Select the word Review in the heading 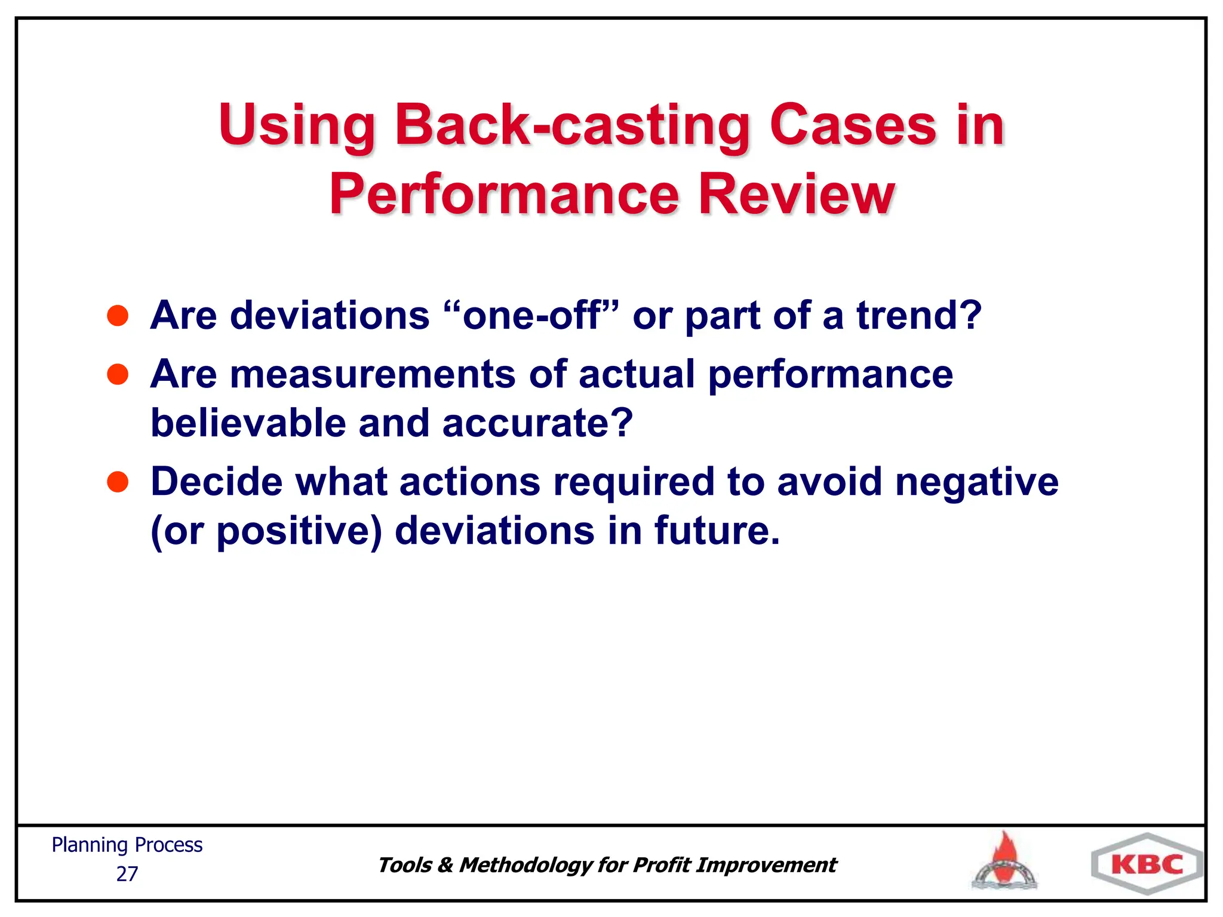point(796,195)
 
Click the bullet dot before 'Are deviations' point(118,316)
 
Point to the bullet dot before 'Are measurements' point(118,375)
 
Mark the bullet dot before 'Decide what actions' point(118,482)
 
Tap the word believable point(248,423)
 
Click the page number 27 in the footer point(127,874)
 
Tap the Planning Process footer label point(127,845)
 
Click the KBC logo point(1147,864)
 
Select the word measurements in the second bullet point(373,375)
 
